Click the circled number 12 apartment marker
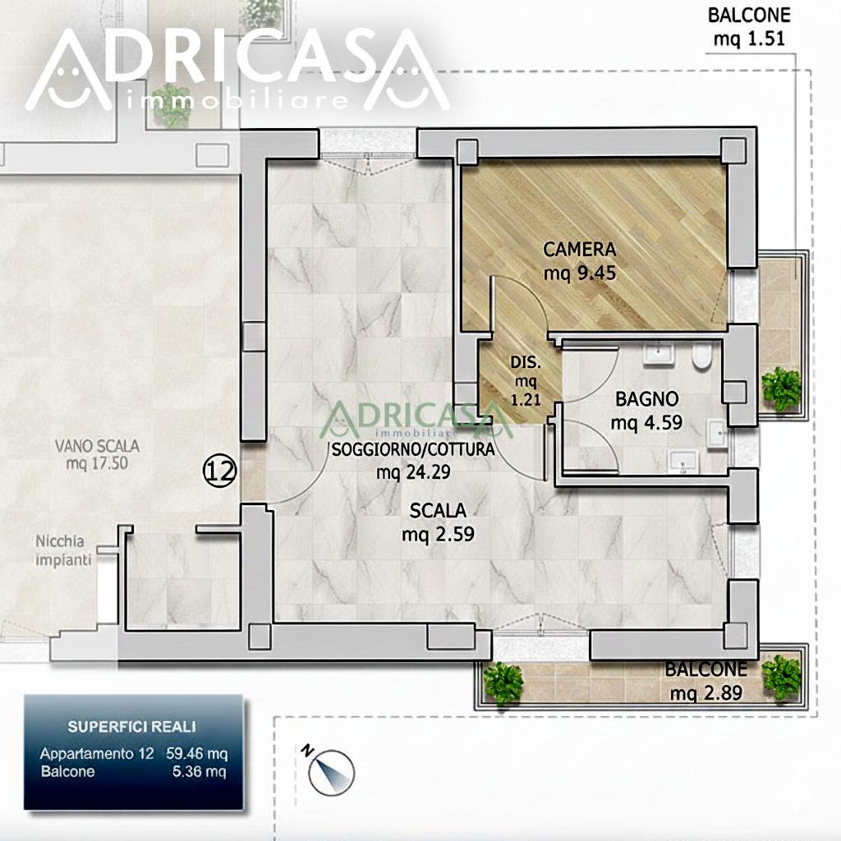[219, 471]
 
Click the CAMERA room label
[580, 250]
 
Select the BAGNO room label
[647, 399]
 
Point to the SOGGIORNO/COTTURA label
[413, 449]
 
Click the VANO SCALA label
[97, 446]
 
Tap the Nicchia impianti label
[63, 550]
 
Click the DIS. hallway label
[526, 362]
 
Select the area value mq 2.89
[705, 693]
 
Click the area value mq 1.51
[749, 39]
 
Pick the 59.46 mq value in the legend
[196, 754]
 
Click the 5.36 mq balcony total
[199, 772]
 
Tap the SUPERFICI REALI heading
[131, 727]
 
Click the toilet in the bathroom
[701, 356]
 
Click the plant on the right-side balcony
[781, 388]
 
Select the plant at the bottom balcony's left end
[503, 682]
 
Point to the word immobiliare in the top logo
[237, 100]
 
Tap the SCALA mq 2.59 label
[439, 522]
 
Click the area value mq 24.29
[413, 472]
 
